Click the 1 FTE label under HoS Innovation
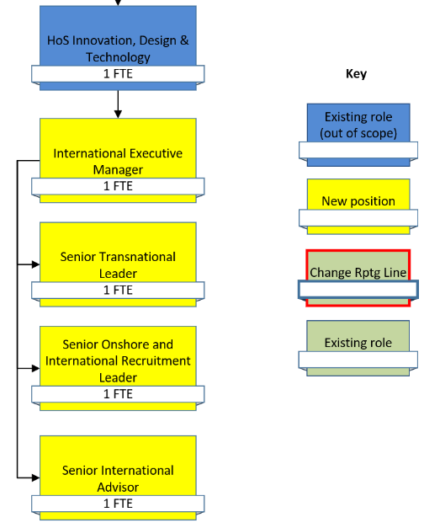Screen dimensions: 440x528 coord(118,74)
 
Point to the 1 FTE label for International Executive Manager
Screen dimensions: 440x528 coord(118,186)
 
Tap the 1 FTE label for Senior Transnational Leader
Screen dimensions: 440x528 coord(118,291)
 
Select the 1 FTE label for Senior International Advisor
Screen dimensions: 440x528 coord(118,504)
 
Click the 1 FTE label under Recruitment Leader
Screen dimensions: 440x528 coord(118,394)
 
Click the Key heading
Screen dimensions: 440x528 coord(356,74)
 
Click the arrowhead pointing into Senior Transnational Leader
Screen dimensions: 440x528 coord(36,264)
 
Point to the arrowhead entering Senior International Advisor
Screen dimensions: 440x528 coord(36,477)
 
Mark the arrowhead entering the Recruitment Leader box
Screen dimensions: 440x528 coord(36,368)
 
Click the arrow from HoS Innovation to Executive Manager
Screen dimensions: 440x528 coord(118,104)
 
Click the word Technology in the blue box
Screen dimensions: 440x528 coord(118,57)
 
